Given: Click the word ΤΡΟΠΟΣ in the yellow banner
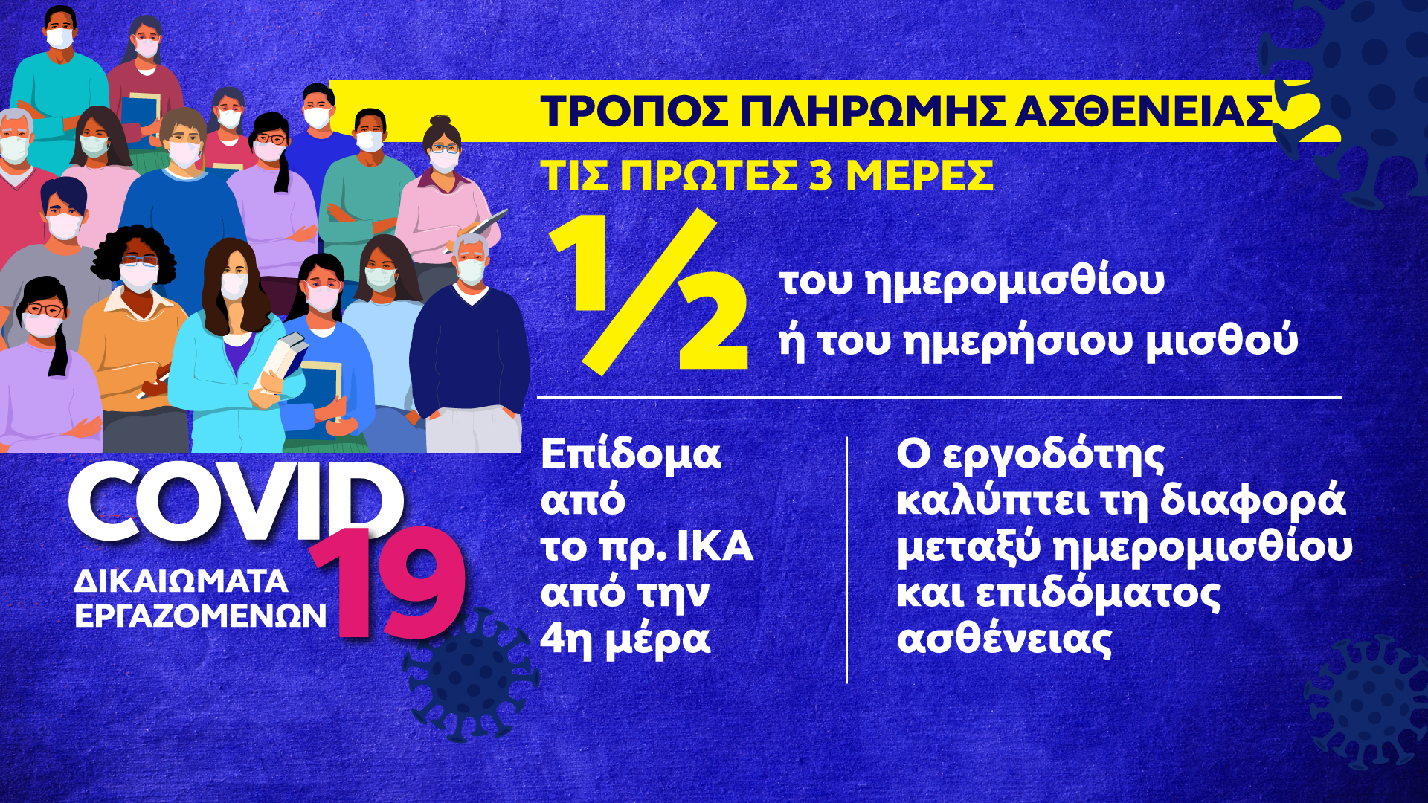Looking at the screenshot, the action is pyautogui.click(x=636, y=112).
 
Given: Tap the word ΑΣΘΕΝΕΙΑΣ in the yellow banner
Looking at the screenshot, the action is pyautogui.click(x=1144, y=112).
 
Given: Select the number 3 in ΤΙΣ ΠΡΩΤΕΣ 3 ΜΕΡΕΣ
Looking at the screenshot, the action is pyautogui.click(x=820, y=175).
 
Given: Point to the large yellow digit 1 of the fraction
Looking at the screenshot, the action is pyautogui.click(x=584, y=264).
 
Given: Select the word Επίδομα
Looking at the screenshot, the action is pyautogui.click(x=631, y=454).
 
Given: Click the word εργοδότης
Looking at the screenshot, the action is pyautogui.click(x=1053, y=456).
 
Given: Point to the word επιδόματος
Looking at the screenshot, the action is pyautogui.click(x=1098, y=593).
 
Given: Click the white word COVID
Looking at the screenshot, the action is pyautogui.click(x=237, y=502).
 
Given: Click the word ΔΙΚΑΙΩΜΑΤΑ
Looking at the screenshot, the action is pyautogui.click(x=181, y=581).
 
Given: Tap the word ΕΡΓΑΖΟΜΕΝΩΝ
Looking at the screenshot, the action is pyautogui.click(x=201, y=616).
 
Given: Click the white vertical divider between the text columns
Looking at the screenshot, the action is pyautogui.click(x=847, y=560).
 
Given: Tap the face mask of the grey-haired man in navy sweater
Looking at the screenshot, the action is pyautogui.click(x=470, y=270).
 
